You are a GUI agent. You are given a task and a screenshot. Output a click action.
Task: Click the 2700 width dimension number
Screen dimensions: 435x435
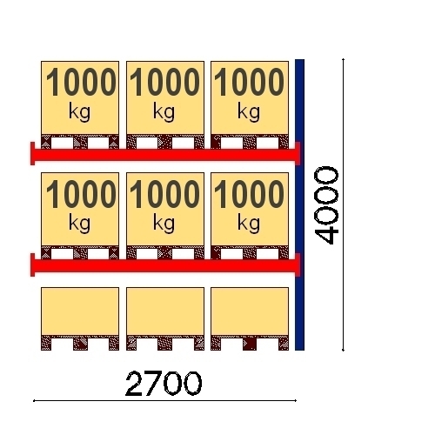click(x=164, y=384)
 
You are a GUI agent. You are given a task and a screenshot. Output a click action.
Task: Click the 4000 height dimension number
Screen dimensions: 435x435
click(x=327, y=205)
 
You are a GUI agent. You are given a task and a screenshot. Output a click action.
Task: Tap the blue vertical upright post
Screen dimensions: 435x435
click(x=299, y=204)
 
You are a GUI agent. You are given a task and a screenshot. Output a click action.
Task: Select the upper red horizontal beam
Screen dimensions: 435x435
click(x=165, y=154)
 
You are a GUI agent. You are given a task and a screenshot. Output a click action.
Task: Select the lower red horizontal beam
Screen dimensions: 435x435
click(x=165, y=265)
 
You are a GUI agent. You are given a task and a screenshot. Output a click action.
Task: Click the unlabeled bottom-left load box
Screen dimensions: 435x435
click(x=80, y=311)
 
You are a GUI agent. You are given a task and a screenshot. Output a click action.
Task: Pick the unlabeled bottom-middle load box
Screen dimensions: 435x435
click(x=165, y=311)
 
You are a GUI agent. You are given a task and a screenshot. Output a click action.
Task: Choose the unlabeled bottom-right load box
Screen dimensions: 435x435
click(x=250, y=311)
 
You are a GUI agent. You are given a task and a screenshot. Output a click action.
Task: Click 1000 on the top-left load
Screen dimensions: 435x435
click(x=81, y=82)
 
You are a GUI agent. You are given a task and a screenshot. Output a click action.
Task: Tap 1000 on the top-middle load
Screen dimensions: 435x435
click(x=164, y=82)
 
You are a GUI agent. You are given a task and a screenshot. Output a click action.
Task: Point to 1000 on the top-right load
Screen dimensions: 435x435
click(x=249, y=82)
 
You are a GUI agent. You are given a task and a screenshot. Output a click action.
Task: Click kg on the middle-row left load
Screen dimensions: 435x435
click(x=79, y=224)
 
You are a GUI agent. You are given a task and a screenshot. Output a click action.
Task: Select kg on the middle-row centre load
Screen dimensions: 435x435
click(x=164, y=224)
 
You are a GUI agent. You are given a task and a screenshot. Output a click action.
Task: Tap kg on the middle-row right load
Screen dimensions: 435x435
click(x=249, y=224)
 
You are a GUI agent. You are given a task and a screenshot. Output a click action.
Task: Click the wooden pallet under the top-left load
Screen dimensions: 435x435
click(x=80, y=142)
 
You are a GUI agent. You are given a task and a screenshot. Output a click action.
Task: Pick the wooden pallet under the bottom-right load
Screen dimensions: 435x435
click(x=250, y=343)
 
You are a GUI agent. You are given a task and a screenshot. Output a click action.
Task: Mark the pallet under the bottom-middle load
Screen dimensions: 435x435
click(x=165, y=343)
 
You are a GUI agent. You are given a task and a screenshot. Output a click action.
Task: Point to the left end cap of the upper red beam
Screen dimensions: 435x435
click(x=33, y=153)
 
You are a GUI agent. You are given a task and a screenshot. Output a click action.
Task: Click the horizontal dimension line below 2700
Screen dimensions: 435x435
click(x=164, y=401)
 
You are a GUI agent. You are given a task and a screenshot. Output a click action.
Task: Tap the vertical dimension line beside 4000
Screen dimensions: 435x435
click(x=344, y=204)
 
